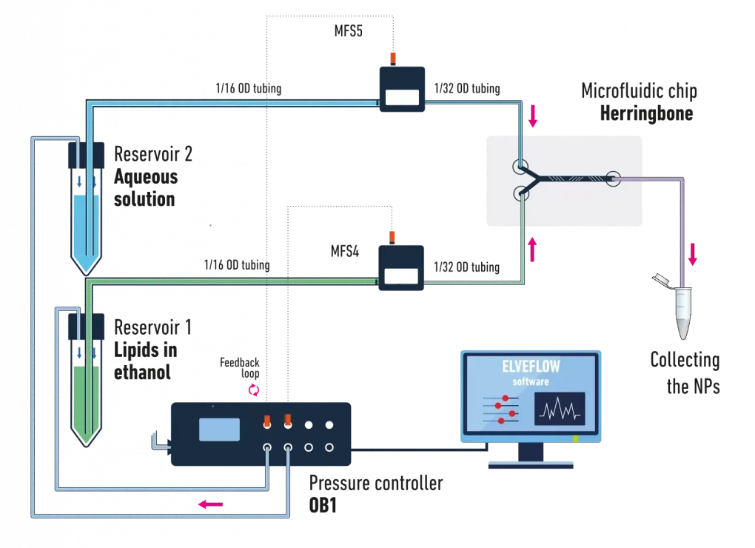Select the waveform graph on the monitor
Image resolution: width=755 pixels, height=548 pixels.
[x=560, y=409]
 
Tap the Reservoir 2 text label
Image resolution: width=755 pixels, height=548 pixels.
[x=153, y=154]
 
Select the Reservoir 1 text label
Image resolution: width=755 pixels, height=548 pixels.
[x=153, y=327]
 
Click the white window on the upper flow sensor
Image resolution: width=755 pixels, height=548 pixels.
[x=402, y=96]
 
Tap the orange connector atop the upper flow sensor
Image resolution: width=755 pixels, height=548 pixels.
[x=393, y=56]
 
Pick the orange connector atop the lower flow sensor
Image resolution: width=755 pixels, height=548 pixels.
[x=393, y=236]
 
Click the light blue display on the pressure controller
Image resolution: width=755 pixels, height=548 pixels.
[x=219, y=430]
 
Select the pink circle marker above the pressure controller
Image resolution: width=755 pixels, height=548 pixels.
[x=254, y=388]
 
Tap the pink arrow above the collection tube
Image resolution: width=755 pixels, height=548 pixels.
[x=692, y=254]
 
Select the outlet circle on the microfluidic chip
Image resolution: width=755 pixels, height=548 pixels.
[x=612, y=178]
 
